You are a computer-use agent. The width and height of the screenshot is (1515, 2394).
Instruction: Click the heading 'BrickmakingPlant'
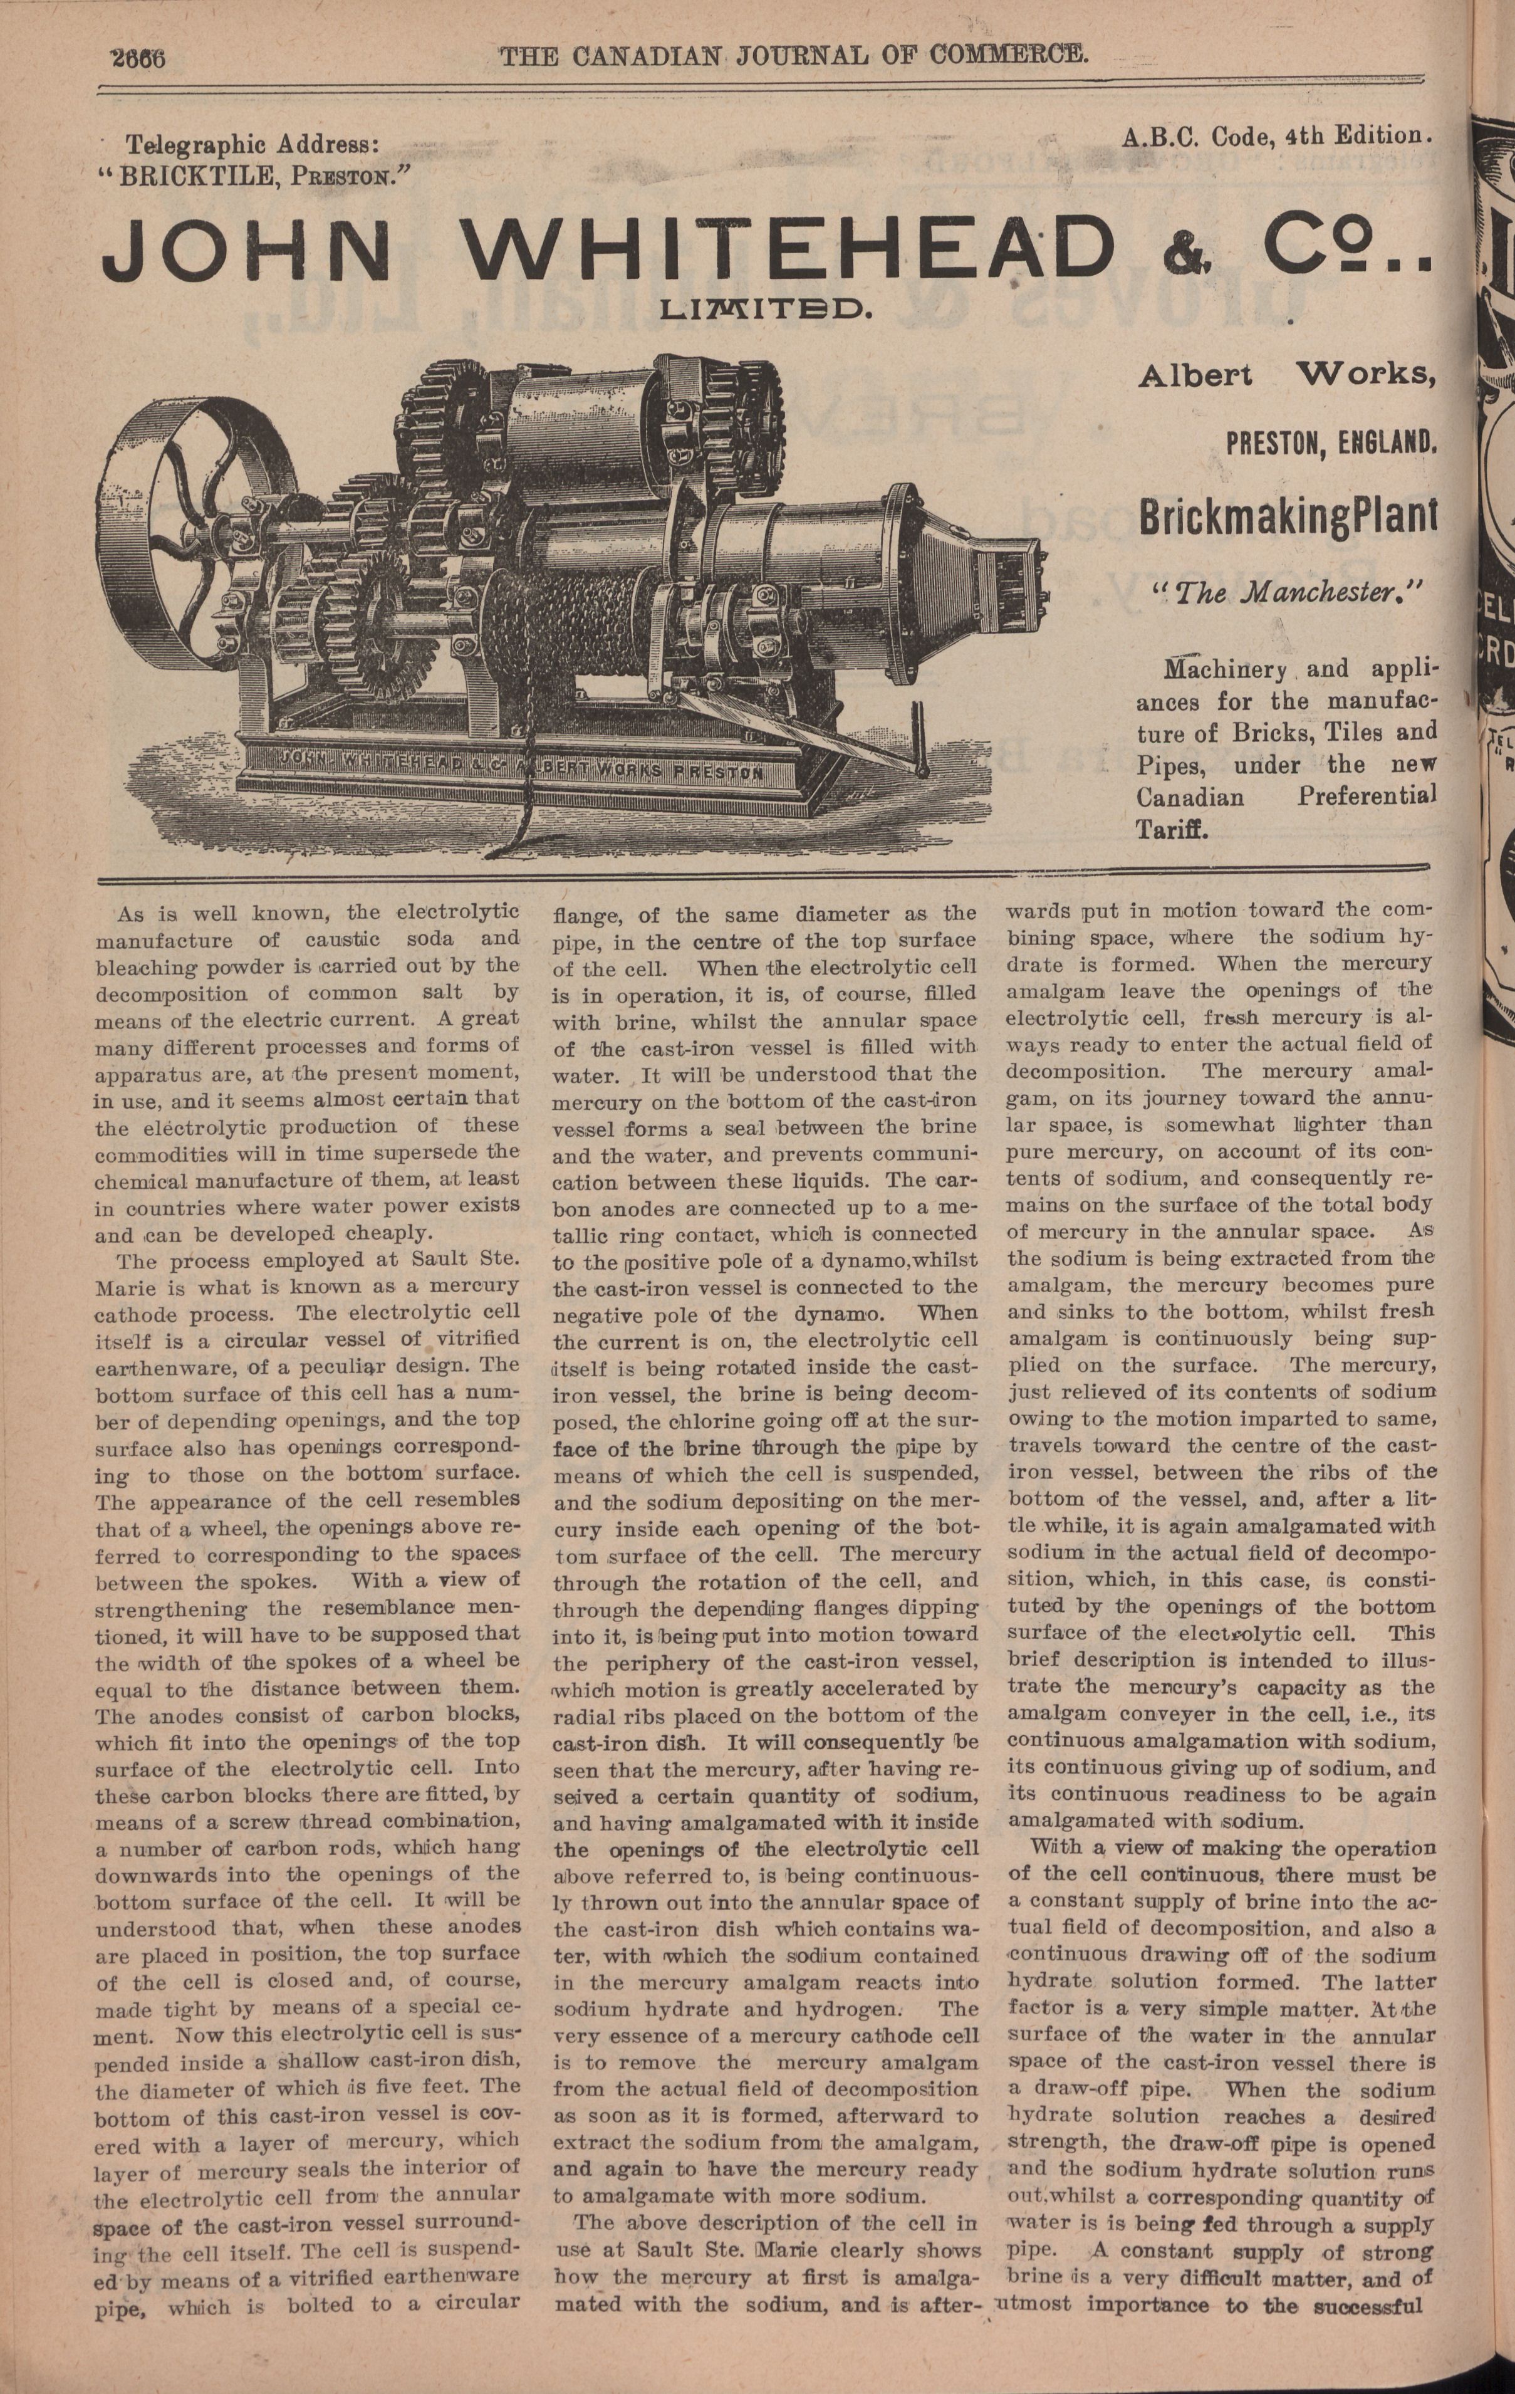tap(1286, 518)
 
